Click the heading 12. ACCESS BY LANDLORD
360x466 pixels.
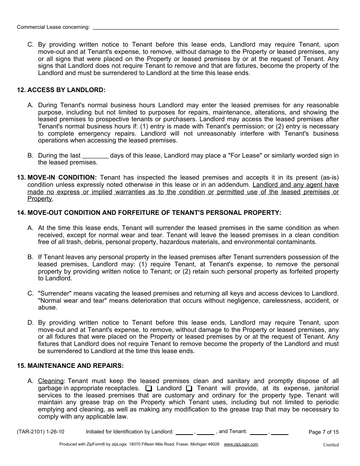pos(61,90)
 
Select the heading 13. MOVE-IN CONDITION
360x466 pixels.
pos(57,177)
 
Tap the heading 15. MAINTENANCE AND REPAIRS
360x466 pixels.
pos(70,366)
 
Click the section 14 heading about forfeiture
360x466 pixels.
pos(149,213)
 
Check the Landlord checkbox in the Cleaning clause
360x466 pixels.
pos(149,388)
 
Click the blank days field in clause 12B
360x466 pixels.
pos(95,156)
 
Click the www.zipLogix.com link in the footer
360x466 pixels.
pos(241,444)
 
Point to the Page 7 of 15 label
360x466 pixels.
pos(324,432)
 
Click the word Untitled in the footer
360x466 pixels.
pos(331,445)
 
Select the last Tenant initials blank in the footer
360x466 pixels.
pos(280,433)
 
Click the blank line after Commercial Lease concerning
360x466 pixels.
pos(216,28)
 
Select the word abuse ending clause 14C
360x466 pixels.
pos(47,308)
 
